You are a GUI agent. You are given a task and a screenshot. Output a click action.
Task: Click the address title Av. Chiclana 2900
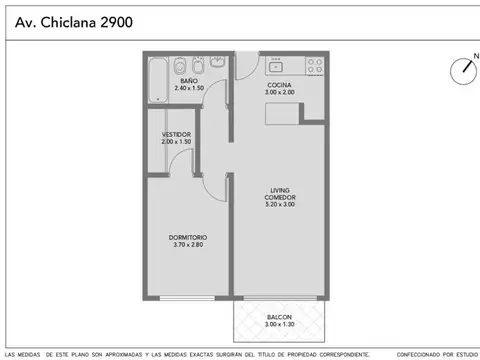[71, 20]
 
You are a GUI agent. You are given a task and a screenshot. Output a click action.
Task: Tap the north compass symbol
[464, 69]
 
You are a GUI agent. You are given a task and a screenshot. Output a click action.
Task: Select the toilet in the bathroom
[178, 66]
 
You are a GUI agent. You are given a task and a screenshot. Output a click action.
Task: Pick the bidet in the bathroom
[197, 66]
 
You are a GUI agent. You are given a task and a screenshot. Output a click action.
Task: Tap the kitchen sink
[277, 66]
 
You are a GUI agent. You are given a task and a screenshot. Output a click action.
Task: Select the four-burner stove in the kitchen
[315, 66]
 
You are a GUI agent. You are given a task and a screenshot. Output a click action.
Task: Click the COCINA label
[279, 86]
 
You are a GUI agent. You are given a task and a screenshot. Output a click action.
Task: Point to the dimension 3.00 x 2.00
[279, 93]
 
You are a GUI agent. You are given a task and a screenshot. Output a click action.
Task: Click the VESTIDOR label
[176, 134]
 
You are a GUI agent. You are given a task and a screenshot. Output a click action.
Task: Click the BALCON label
[279, 317]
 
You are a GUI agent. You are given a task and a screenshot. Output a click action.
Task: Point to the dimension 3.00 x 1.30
[279, 325]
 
